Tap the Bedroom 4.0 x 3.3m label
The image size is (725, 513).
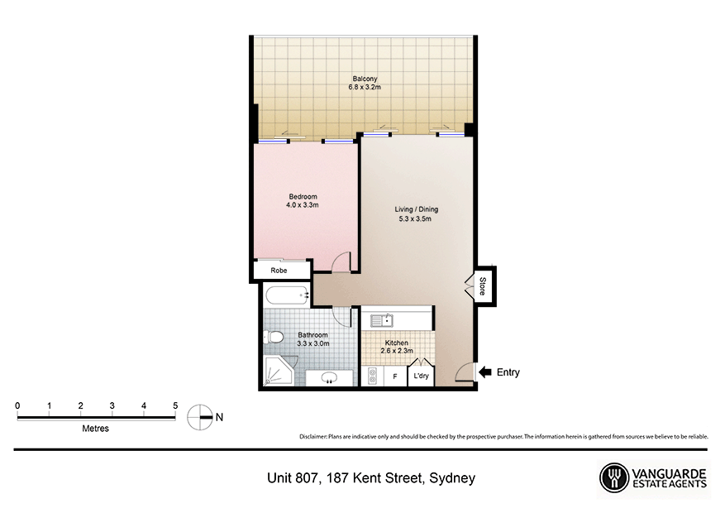[302, 200]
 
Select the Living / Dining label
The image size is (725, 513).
[416, 214]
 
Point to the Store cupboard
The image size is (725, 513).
[483, 286]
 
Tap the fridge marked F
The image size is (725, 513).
[395, 377]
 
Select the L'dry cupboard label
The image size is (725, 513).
[422, 377]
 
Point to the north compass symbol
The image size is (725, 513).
[200, 418]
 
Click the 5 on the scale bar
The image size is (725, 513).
[175, 405]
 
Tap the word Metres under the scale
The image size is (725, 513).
[95, 429]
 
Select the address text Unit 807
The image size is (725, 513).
[293, 478]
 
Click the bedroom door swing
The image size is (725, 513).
[341, 262]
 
